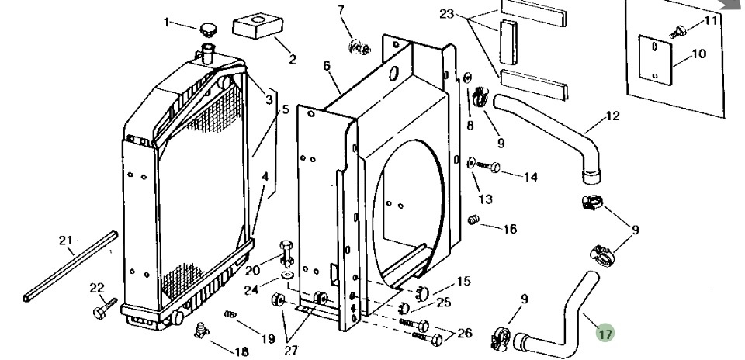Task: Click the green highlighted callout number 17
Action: pos(605,334)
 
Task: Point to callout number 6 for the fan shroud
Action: pos(327,66)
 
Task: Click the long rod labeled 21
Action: pos(70,264)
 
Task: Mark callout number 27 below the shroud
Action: pos(291,350)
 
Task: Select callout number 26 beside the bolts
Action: pos(463,334)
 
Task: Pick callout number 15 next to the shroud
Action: pos(463,280)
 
